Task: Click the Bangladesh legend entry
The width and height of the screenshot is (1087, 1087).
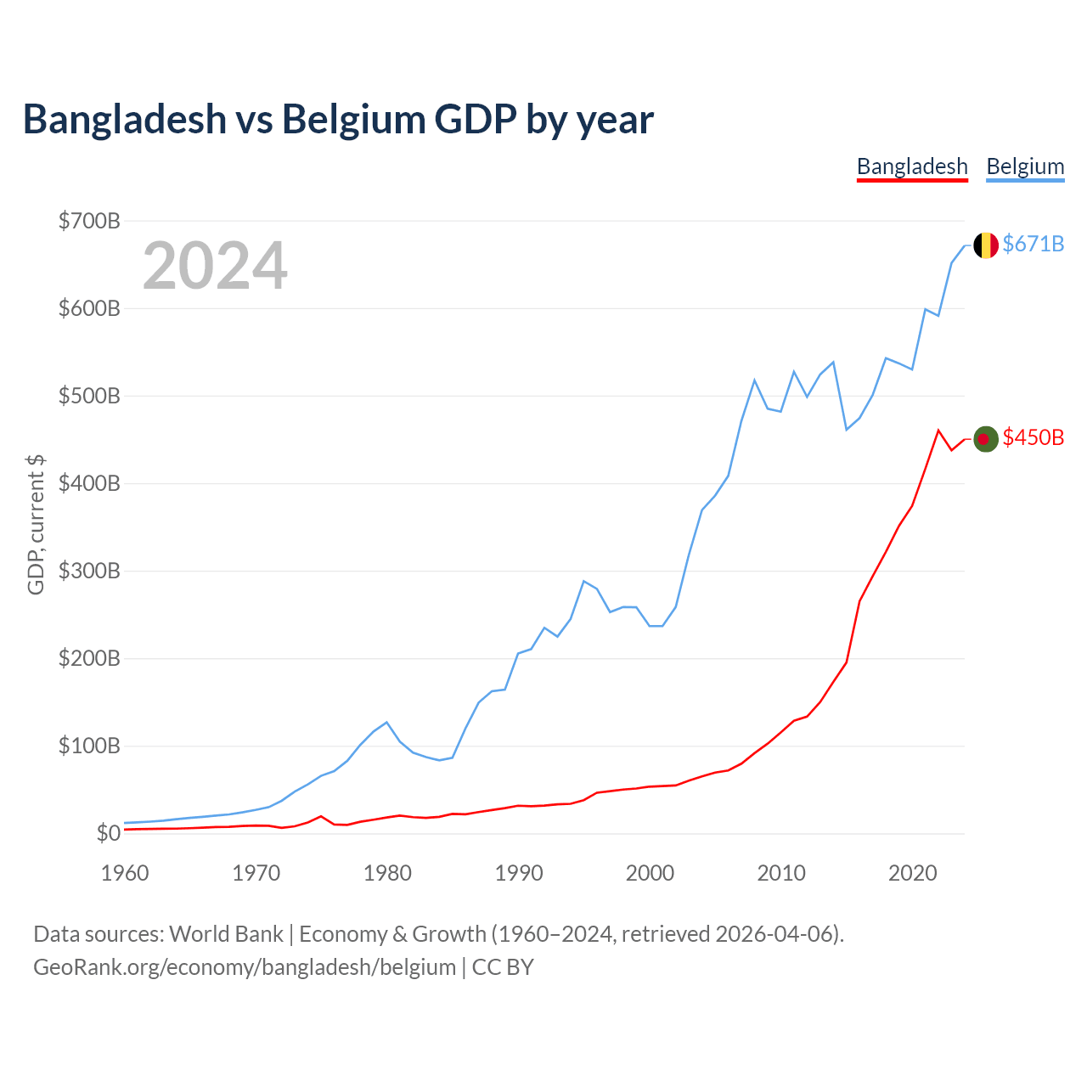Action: [x=911, y=167]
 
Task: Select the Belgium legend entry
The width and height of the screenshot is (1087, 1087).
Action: [x=1025, y=167]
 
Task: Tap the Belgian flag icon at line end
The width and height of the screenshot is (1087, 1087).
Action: [x=985, y=245]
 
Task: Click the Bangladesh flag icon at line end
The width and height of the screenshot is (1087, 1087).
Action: [x=985, y=439]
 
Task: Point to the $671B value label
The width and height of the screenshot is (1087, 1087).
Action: [x=1033, y=245]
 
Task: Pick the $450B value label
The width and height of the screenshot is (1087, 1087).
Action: [x=1033, y=437]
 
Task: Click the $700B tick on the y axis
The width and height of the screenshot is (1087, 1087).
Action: [x=89, y=221]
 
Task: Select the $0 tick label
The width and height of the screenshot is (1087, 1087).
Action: [x=108, y=833]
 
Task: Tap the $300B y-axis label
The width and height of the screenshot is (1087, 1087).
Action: [x=89, y=571]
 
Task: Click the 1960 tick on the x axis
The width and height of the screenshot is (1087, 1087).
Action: [x=125, y=873]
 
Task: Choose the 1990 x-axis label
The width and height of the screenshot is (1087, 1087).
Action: [x=518, y=873]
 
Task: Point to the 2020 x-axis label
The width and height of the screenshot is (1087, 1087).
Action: [x=912, y=873]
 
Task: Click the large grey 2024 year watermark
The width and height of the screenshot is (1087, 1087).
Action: [x=215, y=265]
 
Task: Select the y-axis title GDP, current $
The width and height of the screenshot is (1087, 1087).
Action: [x=36, y=525]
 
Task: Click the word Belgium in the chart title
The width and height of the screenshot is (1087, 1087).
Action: [x=353, y=120]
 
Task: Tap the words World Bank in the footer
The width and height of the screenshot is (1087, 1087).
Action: [x=226, y=934]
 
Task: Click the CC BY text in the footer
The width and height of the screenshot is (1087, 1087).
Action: [x=503, y=967]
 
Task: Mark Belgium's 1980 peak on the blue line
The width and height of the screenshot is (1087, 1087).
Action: [x=386, y=722]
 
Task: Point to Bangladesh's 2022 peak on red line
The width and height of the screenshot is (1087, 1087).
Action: [x=938, y=431]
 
